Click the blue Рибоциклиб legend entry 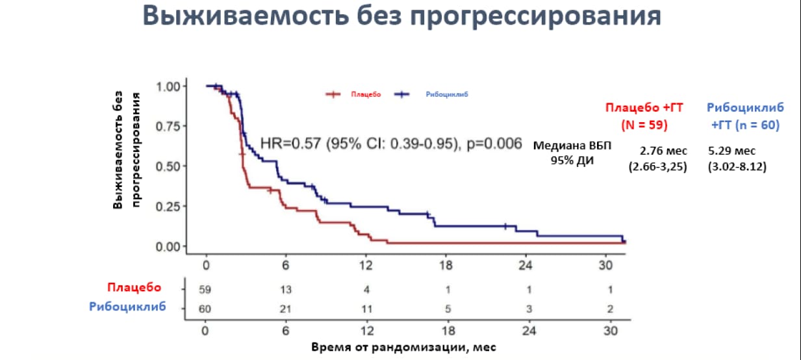[x=447, y=95]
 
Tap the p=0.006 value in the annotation [x=493, y=144]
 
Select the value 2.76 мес [x=657, y=151]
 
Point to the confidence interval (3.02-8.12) [x=737, y=167]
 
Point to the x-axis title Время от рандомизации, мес [x=403, y=346]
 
